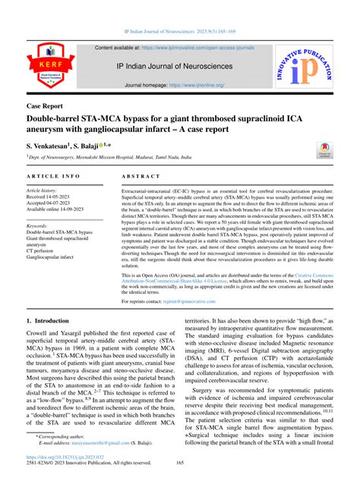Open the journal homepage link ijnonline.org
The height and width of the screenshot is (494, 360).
point(197,86)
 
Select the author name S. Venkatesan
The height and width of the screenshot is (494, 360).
point(49,144)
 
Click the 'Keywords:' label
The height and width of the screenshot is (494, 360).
point(43,226)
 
